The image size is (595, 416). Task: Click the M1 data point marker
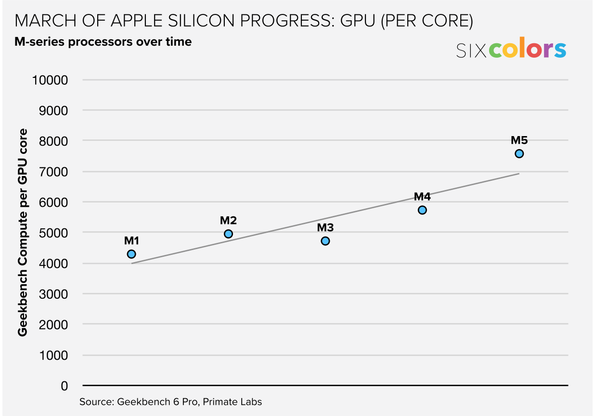(x=131, y=254)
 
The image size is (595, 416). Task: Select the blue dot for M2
(x=229, y=234)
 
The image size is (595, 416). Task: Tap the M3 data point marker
(x=325, y=241)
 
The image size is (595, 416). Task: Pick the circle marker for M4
(x=422, y=210)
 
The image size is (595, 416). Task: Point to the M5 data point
(x=519, y=153)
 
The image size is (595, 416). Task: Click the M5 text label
(x=519, y=140)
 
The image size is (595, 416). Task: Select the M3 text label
(x=325, y=227)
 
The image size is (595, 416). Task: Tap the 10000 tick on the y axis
(x=50, y=80)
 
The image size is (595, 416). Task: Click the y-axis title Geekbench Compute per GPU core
(x=22, y=232)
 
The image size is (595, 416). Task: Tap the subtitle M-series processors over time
(x=103, y=42)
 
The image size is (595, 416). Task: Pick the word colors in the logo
(x=528, y=50)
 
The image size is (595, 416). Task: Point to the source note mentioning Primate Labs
(x=171, y=402)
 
